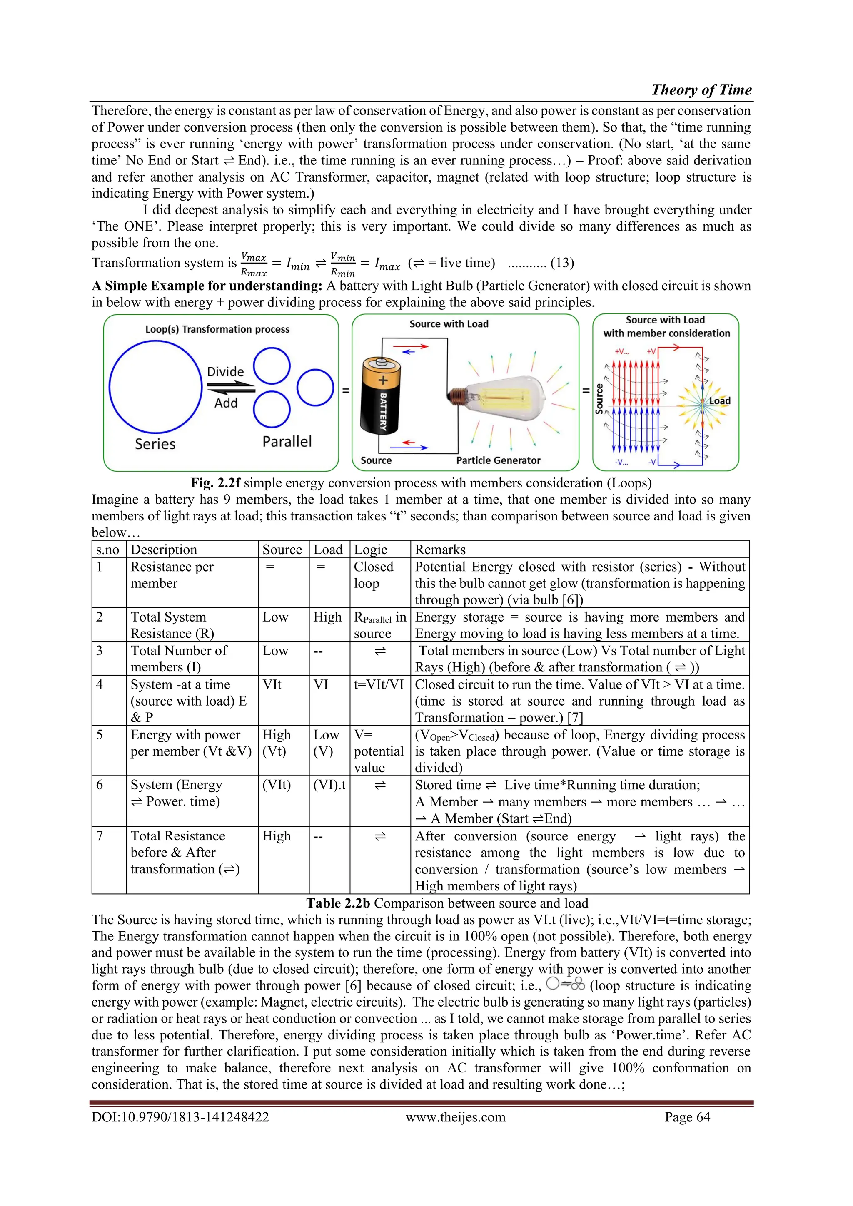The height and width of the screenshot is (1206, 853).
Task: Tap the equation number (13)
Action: [562, 263]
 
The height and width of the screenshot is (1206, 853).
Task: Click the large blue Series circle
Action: [156, 387]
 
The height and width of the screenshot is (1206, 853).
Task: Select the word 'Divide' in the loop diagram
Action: [225, 372]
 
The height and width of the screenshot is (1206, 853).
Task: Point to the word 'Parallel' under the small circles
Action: [287, 441]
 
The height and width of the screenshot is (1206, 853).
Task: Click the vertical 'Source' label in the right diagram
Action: [599, 399]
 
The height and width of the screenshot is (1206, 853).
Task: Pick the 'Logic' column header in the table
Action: [371, 550]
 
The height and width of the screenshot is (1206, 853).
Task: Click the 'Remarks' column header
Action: [440, 550]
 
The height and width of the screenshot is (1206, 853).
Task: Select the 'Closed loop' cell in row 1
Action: [373, 574]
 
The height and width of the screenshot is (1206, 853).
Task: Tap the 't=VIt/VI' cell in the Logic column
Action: [379, 684]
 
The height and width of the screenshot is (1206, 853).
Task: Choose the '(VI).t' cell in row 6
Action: [329, 785]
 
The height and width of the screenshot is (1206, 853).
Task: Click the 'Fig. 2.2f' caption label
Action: [215, 483]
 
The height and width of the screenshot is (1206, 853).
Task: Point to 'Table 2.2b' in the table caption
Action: [338, 903]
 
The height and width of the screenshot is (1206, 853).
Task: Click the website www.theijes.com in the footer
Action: [455, 1117]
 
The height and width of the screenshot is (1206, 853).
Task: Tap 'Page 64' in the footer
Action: [687, 1117]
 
